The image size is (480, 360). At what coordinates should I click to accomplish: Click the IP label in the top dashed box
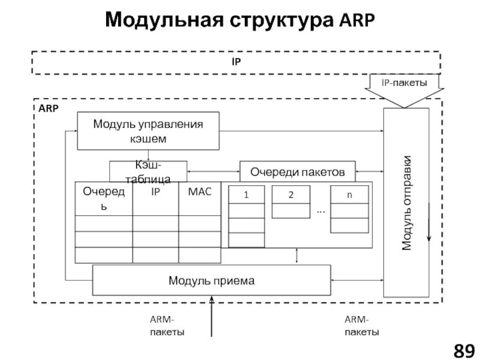(236, 62)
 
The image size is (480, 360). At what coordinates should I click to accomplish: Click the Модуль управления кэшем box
(148, 131)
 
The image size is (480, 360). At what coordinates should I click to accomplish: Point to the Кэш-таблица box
(148, 171)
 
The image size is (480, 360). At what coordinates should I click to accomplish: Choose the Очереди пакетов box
(297, 172)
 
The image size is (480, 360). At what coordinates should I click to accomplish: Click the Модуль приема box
(211, 280)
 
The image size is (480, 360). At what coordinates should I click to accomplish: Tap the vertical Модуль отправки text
(407, 203)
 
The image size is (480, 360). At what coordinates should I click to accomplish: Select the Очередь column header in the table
(104, 198)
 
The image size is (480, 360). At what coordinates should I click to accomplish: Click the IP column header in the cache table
(155, 191)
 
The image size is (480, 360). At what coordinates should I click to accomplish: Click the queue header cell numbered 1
(246, 195)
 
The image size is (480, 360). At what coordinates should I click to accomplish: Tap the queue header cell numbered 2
(291, 194)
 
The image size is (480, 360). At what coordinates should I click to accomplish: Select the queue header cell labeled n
(349, 194)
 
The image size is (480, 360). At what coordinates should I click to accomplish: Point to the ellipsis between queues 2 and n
(320, 211)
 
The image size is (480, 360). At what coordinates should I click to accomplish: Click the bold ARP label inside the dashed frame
(49, 109)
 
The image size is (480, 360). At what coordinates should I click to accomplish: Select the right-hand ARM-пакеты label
(361, 326)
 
